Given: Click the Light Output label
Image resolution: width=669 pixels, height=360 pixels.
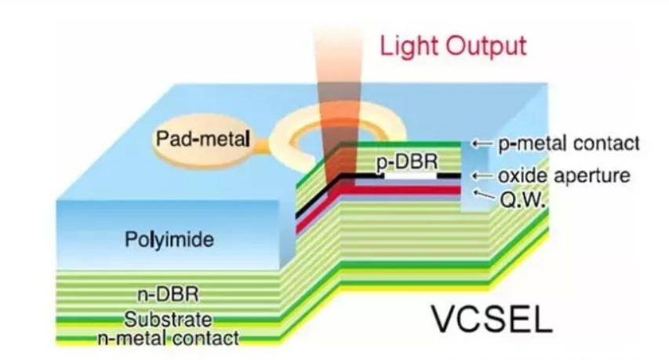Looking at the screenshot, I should pos(453,45).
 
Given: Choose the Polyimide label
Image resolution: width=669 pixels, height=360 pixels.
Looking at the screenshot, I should pos(169,239).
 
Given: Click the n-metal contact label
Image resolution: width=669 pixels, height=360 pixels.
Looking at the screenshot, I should pos(168,338).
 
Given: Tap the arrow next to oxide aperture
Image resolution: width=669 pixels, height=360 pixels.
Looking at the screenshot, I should pos(481,176).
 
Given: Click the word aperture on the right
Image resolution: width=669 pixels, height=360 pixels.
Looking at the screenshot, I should pos(595,176).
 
